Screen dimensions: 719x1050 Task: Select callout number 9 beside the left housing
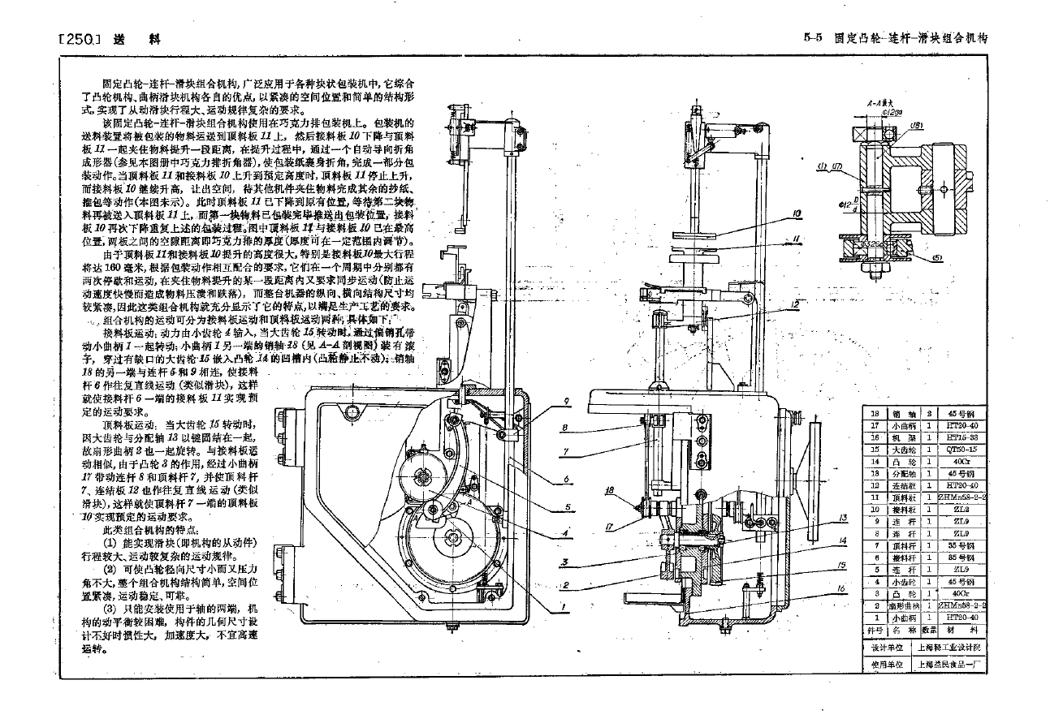click(x=568, y=400)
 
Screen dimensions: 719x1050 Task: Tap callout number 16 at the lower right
click(x=841, y=588)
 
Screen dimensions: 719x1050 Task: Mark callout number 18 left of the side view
click(x=610, y=489)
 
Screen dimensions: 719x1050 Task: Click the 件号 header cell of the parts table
click(x=874, y=628)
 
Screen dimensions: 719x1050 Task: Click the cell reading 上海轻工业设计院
click(x=948, y=648)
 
